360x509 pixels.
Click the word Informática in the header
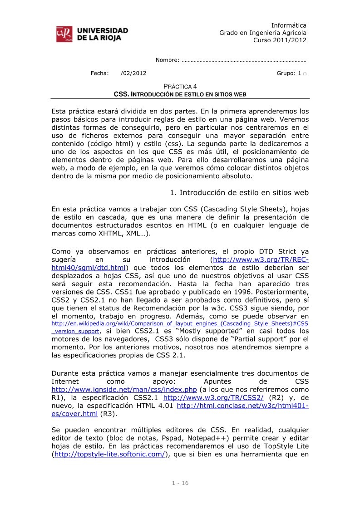[x=289, y=25]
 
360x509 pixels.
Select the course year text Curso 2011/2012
[x=280, y=40]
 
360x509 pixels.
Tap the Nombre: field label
[x=168, y=60]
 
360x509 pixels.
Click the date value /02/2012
[x=133, y=73]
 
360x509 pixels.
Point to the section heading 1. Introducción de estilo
[x=239, y=193]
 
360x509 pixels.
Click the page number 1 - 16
[x=180, y=483]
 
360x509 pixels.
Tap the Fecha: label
[x=100, y=73]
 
